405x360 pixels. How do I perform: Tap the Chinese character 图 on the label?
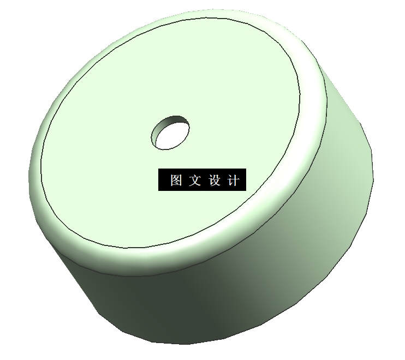pos(176,181)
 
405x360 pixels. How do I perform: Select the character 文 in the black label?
pos(195,181)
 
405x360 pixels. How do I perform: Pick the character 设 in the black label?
pos(214,181)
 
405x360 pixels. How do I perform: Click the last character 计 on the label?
pos(233,181)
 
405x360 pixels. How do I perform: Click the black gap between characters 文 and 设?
pos(204,181)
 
